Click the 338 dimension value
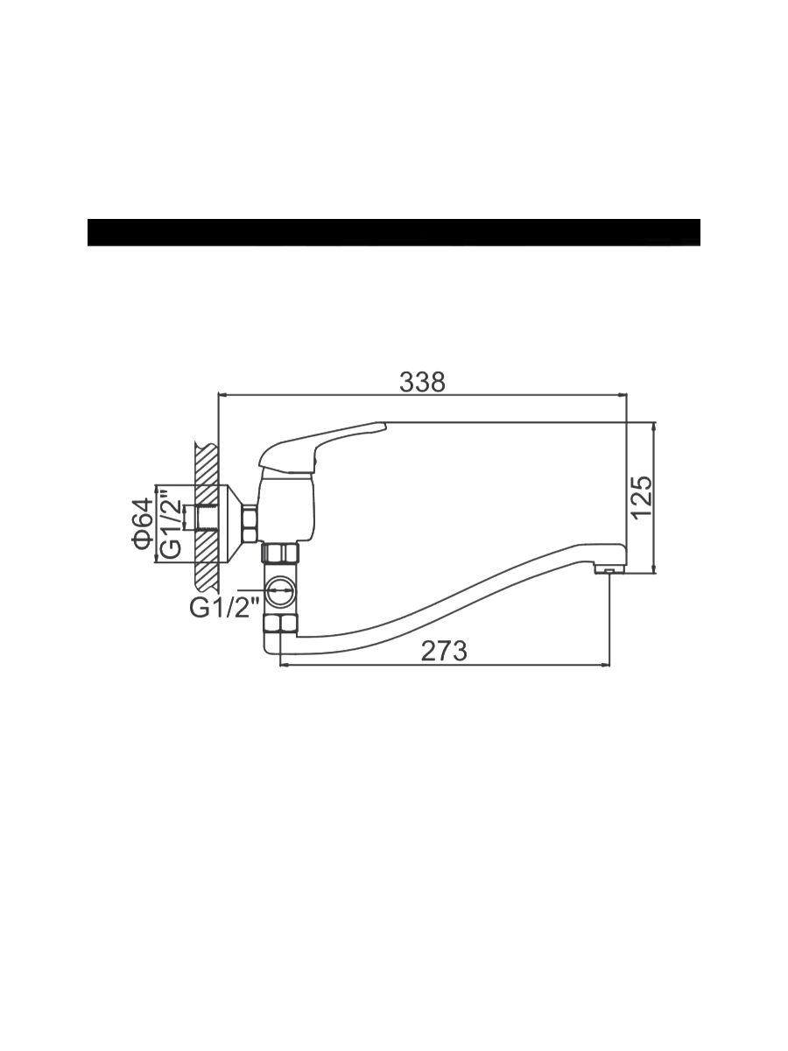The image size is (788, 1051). (x=422, y=382)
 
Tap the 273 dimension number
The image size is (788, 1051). (x=444, y=651)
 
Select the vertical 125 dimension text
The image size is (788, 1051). (x=642, y=497)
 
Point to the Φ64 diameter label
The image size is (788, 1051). (x=143, y=524)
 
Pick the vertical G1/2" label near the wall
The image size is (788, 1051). (x=172, y=523)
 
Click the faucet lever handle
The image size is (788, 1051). (x=321, y=444)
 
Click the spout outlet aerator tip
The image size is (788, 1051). (x=609, y=571)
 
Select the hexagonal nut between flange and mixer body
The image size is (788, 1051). (x=250, y=522)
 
